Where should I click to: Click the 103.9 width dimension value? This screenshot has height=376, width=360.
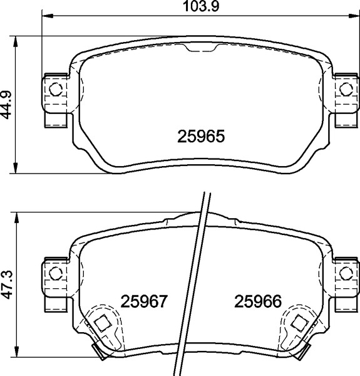coord(201,6)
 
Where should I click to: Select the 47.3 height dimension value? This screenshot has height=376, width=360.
coord(7,285)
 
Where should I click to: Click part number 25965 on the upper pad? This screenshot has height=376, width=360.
coord(201,136)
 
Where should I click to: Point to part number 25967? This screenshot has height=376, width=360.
coord(144,301)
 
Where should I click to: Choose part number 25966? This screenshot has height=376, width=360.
coord(258,301)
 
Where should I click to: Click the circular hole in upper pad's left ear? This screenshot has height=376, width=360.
coord(56,89)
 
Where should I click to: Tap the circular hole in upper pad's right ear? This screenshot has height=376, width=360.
coord(346,89)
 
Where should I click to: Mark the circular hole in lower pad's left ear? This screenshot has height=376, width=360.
coord(56,273)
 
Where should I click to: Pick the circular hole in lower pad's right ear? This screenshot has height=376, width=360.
coord(346,273)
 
